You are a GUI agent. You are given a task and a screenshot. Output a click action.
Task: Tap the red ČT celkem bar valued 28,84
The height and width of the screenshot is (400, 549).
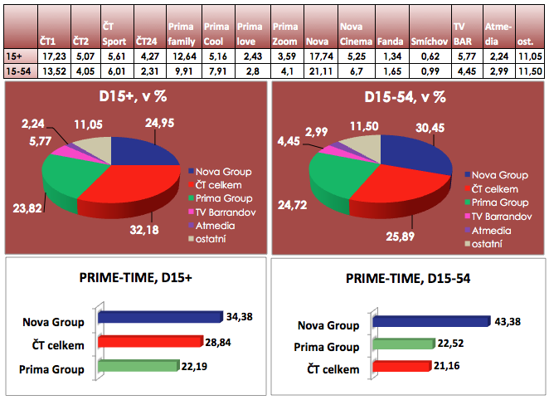click(x=149, y=341)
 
